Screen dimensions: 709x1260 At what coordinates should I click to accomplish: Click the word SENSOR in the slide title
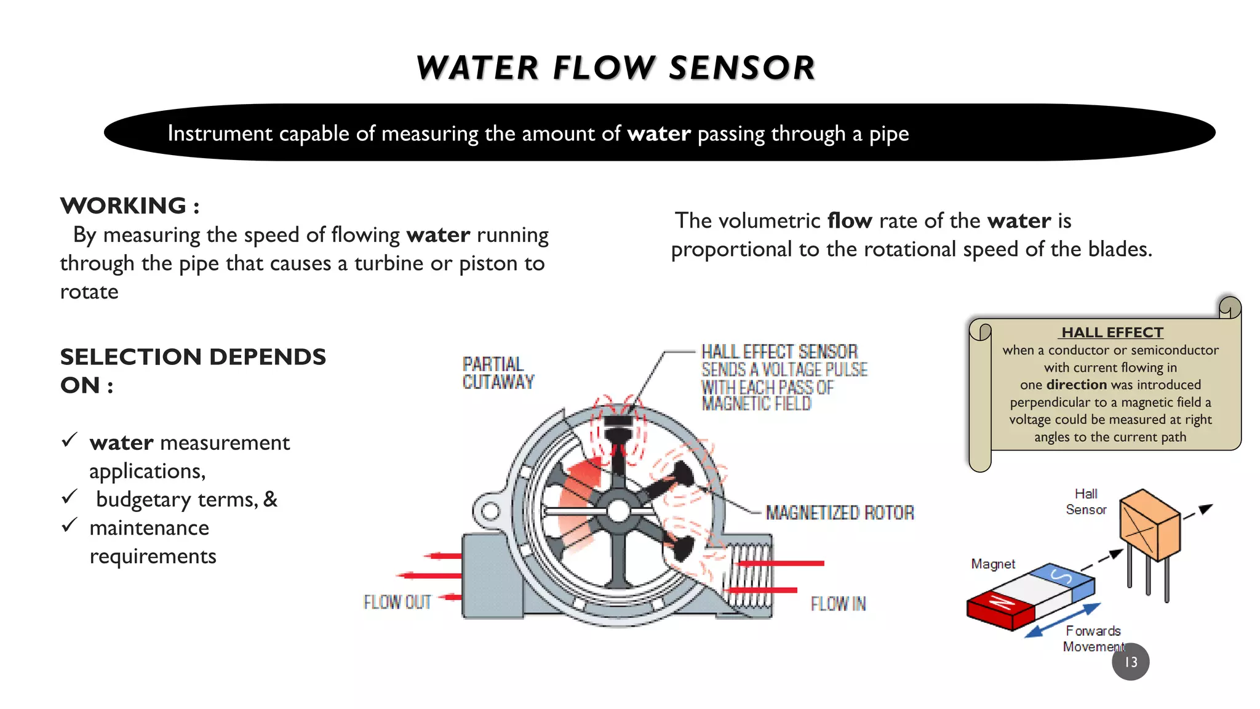pyautogui.click(x=741, y=68)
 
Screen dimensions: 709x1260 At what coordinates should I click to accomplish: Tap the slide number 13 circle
pyautogui.click(x=1130, y=662)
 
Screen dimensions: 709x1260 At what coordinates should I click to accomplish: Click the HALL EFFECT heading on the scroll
pyautogui.click(x=1112, y=332)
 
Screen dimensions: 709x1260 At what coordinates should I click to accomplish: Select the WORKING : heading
pyautogui.click(x=130, y=206)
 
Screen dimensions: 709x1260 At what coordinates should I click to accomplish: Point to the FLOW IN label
pyautogui.click(x=838, y=604)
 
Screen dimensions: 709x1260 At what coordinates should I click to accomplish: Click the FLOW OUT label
pyautogui.click(x=397, y=602)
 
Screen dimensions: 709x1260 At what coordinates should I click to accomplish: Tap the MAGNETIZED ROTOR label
pyautogui.click(x=840, y=513)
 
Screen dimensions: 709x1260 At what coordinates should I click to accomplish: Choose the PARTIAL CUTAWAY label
pyautogui.click(x=498, y=373)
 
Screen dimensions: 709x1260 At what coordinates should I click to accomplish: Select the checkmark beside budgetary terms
pyautogui.click(x=70, y=497)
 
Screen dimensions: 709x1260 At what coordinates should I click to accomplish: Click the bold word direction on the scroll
pyautogui.click(x=1077, y=385)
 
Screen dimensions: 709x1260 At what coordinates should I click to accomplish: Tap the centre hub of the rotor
pyautogui.click(x=618, y=511)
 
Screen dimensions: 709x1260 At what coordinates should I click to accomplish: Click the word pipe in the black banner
pyautogui.click(x=888, y=134)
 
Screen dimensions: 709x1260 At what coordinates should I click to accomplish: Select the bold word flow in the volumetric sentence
pyautogui.click(x=850, y=220)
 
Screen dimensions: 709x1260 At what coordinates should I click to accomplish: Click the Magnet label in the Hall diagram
pyautogui.click(x=993, y=564)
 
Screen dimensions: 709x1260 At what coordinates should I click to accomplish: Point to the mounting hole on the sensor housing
pyautogui.click(x=490, y=511)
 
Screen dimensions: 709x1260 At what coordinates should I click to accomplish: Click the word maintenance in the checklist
pyautogui.click(x=149, y=528)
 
